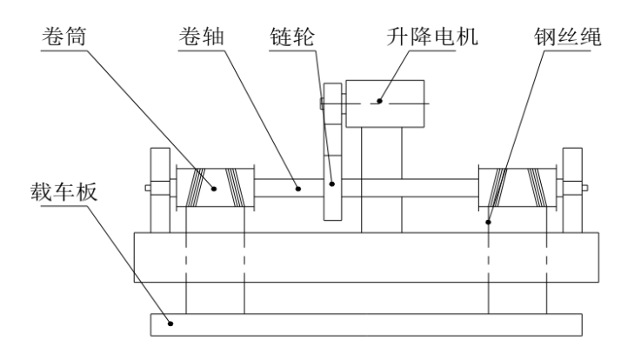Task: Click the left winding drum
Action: coord(215,188)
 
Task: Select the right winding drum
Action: coord(517,188)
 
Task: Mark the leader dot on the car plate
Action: coord(172,324)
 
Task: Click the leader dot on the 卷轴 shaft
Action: coord(297,186)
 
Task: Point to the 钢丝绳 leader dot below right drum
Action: coord(489,223)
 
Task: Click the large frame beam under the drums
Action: coord(365,257)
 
